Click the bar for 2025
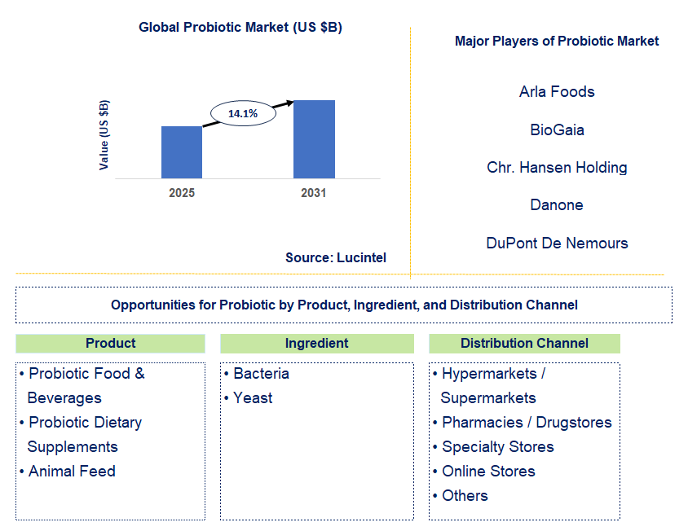(x=182, y=152)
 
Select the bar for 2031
(x=314, y=139)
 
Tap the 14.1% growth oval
(x=243, y=114)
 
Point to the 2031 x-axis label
(x=314, y=193)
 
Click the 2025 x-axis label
(x=182, y=193)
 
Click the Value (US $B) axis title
(x=104, y=134)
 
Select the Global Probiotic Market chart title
(x=240, y=27)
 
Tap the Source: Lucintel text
(x=336, y=257)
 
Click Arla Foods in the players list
(x=557, y=91)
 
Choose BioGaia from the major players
(x=557, y=129)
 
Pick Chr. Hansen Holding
(x=557, y=167)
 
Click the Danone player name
(x=557, y=204)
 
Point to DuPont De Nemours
(x=557, y=243)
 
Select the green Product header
(x=110, y=343)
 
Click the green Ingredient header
(x=316, y=343)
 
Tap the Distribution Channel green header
(x=524, y=343)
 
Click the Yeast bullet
(x=253, y=397)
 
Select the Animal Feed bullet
(x=72, y=471)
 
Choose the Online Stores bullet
(x=488, y=471)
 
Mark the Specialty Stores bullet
(x=497, y=446)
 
